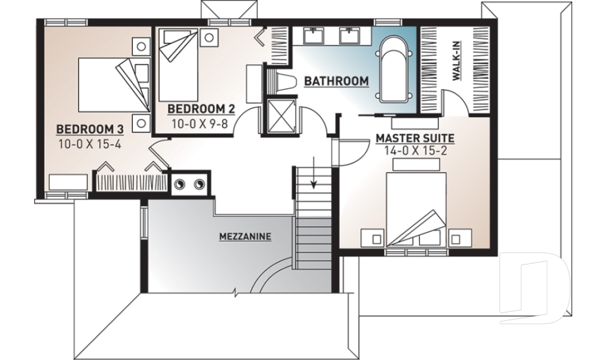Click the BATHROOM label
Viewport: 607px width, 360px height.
(336, 81)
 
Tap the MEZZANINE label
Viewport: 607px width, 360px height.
(245, 237)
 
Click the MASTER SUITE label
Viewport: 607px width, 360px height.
(415, 137)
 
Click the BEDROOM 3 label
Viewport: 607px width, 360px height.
(89, 129)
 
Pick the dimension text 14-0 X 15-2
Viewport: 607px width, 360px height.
(415, 151)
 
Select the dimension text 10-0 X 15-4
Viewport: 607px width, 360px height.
(89, 144)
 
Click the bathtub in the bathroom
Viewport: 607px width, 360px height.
(395, 70)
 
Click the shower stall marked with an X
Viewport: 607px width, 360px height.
(278, 115)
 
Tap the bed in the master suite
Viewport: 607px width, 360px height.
(416, 206)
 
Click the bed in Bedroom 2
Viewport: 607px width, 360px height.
(177, 63)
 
